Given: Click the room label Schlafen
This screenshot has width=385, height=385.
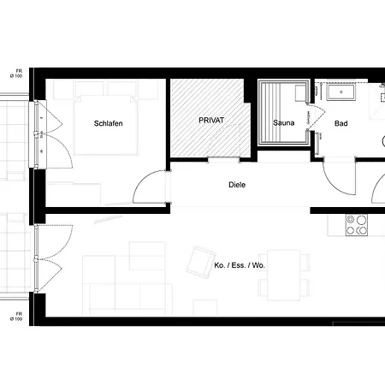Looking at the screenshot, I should [108, 124].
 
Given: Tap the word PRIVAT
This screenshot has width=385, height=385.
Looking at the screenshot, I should [210, 121].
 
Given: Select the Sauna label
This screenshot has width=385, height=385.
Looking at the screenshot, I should [284, 124].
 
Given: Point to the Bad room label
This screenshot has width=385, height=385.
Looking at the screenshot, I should [341, 124].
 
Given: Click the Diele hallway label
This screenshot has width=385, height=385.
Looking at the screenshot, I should [237, 184].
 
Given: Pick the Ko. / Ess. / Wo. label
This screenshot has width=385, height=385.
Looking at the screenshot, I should [240, 265].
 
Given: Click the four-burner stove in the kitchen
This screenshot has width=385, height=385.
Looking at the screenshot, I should [356, 224].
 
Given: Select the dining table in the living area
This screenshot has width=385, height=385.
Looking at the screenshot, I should [283, 273].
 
